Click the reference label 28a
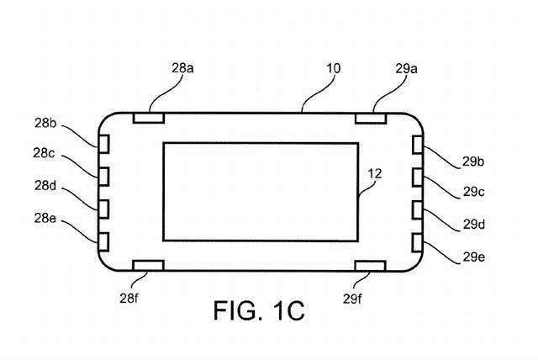pos(182,68)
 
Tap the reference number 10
pos(333,68)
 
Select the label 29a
pos(406,69)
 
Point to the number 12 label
pos(375,173)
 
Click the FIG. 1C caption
pos(259,310)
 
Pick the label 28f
pos(129,299)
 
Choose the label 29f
pos(352,299)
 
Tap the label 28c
pos(44,153)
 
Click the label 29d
pos(474,225)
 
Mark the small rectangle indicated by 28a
pos(149,118)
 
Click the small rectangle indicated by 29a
pos(371,119)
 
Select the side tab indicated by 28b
pos(103,144)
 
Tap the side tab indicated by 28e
pos(103,242)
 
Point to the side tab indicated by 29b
pos(418,145)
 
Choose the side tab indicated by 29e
pos(418,243)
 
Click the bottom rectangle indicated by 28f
pos(148,265)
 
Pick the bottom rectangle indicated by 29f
pos(371,266)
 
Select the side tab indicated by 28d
pos(103,209)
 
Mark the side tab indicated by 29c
pos(418,177)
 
